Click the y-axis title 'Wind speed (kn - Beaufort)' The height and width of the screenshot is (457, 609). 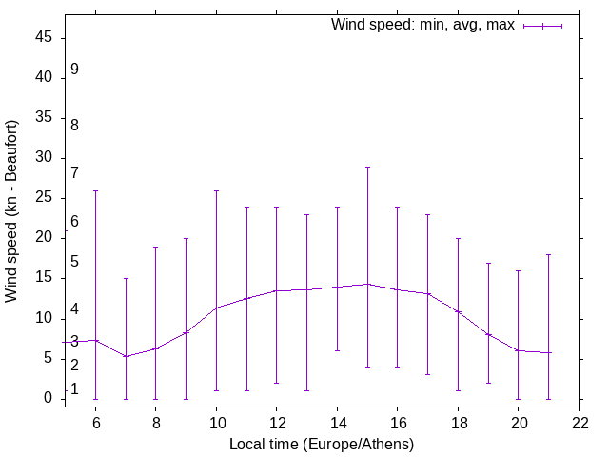click(11, 211)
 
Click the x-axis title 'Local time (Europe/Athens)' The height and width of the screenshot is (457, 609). click(322, 444)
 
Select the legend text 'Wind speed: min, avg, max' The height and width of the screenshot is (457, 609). click(422, 25)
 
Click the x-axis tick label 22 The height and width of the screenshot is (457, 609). click(579, 422)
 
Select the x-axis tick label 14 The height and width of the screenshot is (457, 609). click(337, 422)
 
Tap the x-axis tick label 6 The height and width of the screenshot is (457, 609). click(95, 422)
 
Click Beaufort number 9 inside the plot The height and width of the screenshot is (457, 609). click(74, 70)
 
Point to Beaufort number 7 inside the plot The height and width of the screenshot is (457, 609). click(74, 173)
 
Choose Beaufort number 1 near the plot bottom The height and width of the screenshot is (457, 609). click(74, 389)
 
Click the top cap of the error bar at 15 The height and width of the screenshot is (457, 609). click(367, 167)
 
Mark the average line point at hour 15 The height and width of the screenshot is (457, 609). click(367, 284)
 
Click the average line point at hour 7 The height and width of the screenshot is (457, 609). click(126, 356)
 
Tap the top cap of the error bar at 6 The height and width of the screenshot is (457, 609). click(95, 190)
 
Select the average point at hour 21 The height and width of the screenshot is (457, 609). click(548, 352)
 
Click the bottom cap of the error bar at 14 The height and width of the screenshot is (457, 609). click(337, 350)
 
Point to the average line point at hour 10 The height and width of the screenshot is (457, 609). click(216, 308)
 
